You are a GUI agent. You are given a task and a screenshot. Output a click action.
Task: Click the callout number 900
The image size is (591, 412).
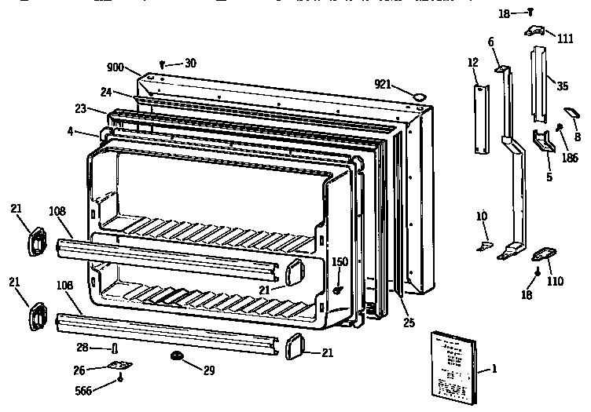(115, 67)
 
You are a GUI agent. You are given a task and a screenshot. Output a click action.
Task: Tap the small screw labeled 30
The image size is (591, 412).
(162, 64)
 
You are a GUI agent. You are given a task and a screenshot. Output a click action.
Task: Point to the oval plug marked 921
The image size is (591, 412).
(419, 96)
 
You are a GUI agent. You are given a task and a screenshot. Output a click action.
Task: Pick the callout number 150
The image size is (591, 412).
(339, 261)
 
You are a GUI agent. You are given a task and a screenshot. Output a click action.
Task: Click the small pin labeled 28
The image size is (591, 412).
(116, 348)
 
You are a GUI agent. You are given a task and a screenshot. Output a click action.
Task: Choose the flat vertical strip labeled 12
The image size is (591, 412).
(478, 119)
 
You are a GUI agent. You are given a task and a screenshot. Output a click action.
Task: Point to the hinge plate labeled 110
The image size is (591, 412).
(542, 254)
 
